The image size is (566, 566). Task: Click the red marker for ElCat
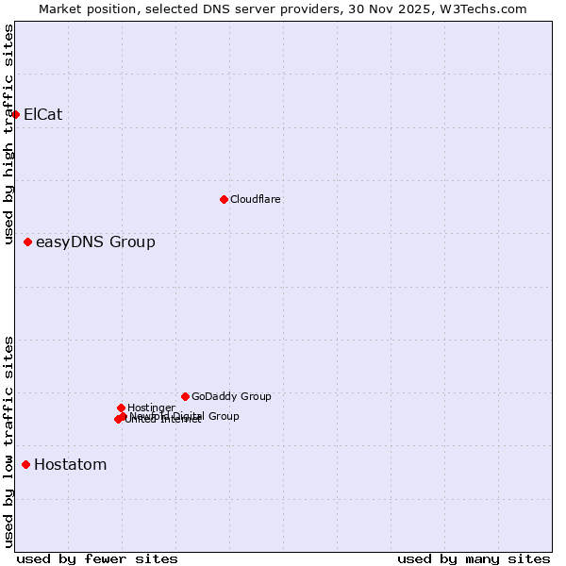coord(16,115)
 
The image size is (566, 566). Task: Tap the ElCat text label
coord(42,115)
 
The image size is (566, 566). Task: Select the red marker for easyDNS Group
coord(28,242)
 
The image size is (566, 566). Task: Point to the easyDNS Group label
coord(95,242)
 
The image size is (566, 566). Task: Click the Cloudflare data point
coord(224,199)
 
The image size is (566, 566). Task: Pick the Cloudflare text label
coord(255,199)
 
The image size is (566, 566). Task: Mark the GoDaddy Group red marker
coord(185,396)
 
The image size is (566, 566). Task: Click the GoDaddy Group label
coord(231,397)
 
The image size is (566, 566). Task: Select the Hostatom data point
coord(26,464)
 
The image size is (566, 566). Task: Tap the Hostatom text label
coord(70,465)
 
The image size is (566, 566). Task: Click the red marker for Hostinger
coord(121,408)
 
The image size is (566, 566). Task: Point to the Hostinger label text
coord(151,408)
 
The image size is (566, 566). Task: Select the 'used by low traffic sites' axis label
coord(9,441)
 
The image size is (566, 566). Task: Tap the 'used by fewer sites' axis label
coord(97,558)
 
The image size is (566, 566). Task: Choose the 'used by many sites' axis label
coord(474,558)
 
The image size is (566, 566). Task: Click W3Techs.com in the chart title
coord(486,9)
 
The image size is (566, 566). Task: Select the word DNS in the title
coord(219,9)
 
